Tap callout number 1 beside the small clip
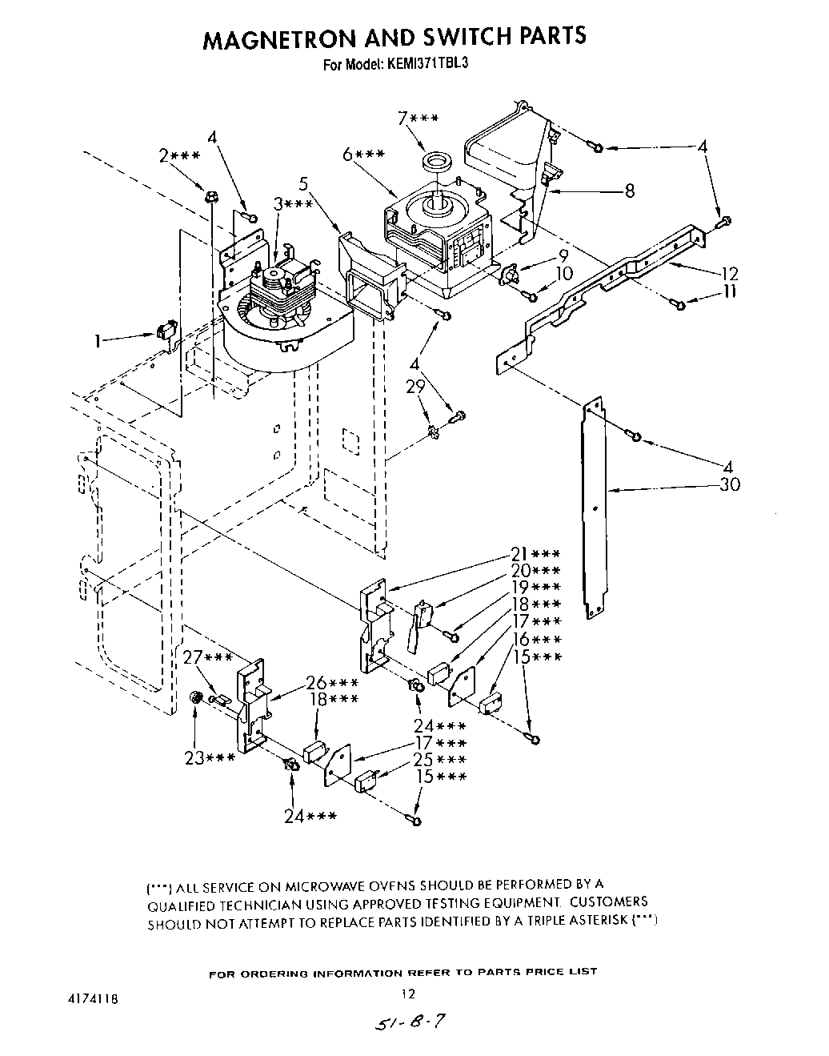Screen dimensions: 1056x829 point(98,341)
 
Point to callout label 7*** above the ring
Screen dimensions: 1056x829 point(418,119)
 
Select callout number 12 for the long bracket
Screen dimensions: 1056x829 point(728,273)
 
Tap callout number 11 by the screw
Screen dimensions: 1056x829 point(728,292)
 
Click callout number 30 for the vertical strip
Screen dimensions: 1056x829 point(729,484)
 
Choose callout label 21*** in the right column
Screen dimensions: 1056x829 point(535,554)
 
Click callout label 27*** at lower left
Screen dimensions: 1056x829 point(207,658)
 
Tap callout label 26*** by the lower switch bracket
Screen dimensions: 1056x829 point(331,683)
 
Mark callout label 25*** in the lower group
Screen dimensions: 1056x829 point(440,760)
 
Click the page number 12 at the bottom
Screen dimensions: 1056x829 point(408,994)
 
